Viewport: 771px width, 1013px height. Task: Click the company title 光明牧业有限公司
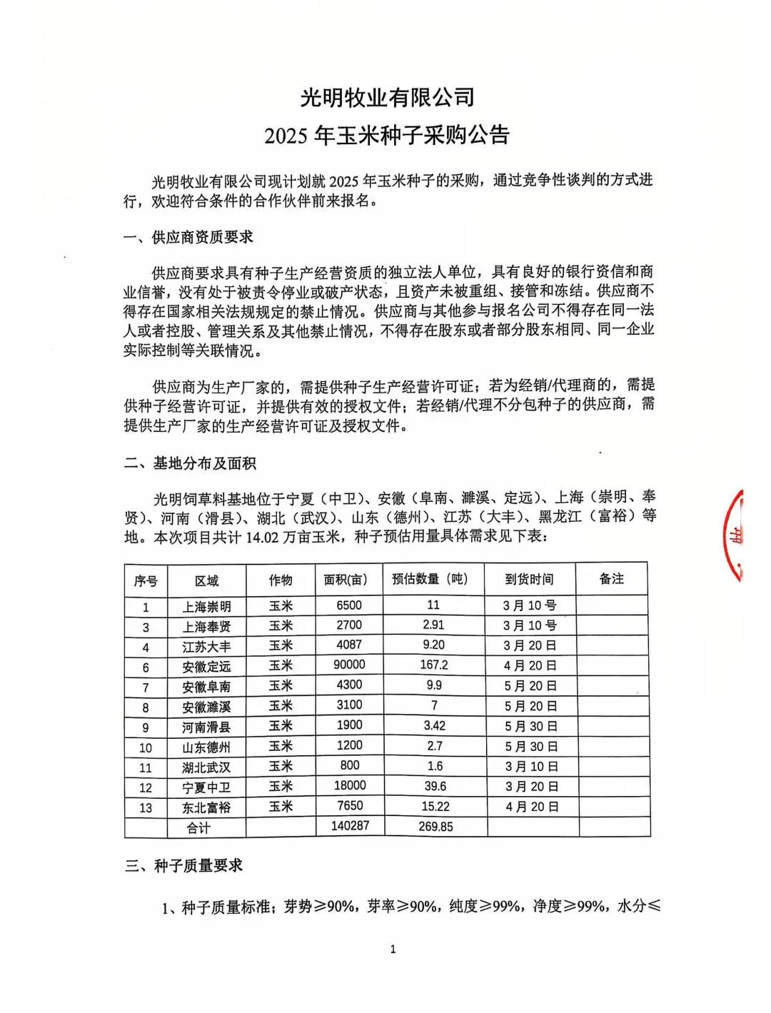pyautogui.click(x=387, y=96)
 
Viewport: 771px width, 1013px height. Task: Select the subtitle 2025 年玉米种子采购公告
pyautogui.click(x=387, y=136)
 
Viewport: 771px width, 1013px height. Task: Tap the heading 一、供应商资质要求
pyautogui.click(x=188, y=237)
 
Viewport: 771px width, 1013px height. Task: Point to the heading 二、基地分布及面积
pyautogui.click(x=190, y=463)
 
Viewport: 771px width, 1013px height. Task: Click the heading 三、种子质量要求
pyautogui.click(x=184, y=865)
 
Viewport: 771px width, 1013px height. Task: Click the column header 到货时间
pyautogui.click(x=529, y=580)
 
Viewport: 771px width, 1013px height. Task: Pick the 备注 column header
pyautogui.click(x=612, y=579)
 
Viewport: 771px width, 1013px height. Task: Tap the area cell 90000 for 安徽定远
pyautogui.click(x=349, y=665)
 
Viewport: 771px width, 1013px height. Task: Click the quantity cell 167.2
pyautogui.click(x=434, y=665)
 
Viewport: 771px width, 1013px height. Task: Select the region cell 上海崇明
pyautogui.click(x=206, y=607)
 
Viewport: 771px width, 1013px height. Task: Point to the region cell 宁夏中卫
pyautogui.click(x=206, y=787)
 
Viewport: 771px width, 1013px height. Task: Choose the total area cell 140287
pyautogui.click(x=350, y=826)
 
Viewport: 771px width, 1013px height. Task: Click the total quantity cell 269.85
pyautogui.click(x=434, y=827)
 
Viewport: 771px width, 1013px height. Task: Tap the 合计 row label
pyautogui.click(x=198, y=827)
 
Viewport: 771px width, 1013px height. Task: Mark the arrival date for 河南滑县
pyautogui.click(x=530, y=726)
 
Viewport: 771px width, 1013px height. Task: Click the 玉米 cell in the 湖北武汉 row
pyautogui.click(x=281, y=767)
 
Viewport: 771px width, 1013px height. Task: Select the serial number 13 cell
pyautogui.click(x=146, y=807)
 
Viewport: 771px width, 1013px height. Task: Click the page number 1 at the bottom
pyautogui.click(x=393, y=949)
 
